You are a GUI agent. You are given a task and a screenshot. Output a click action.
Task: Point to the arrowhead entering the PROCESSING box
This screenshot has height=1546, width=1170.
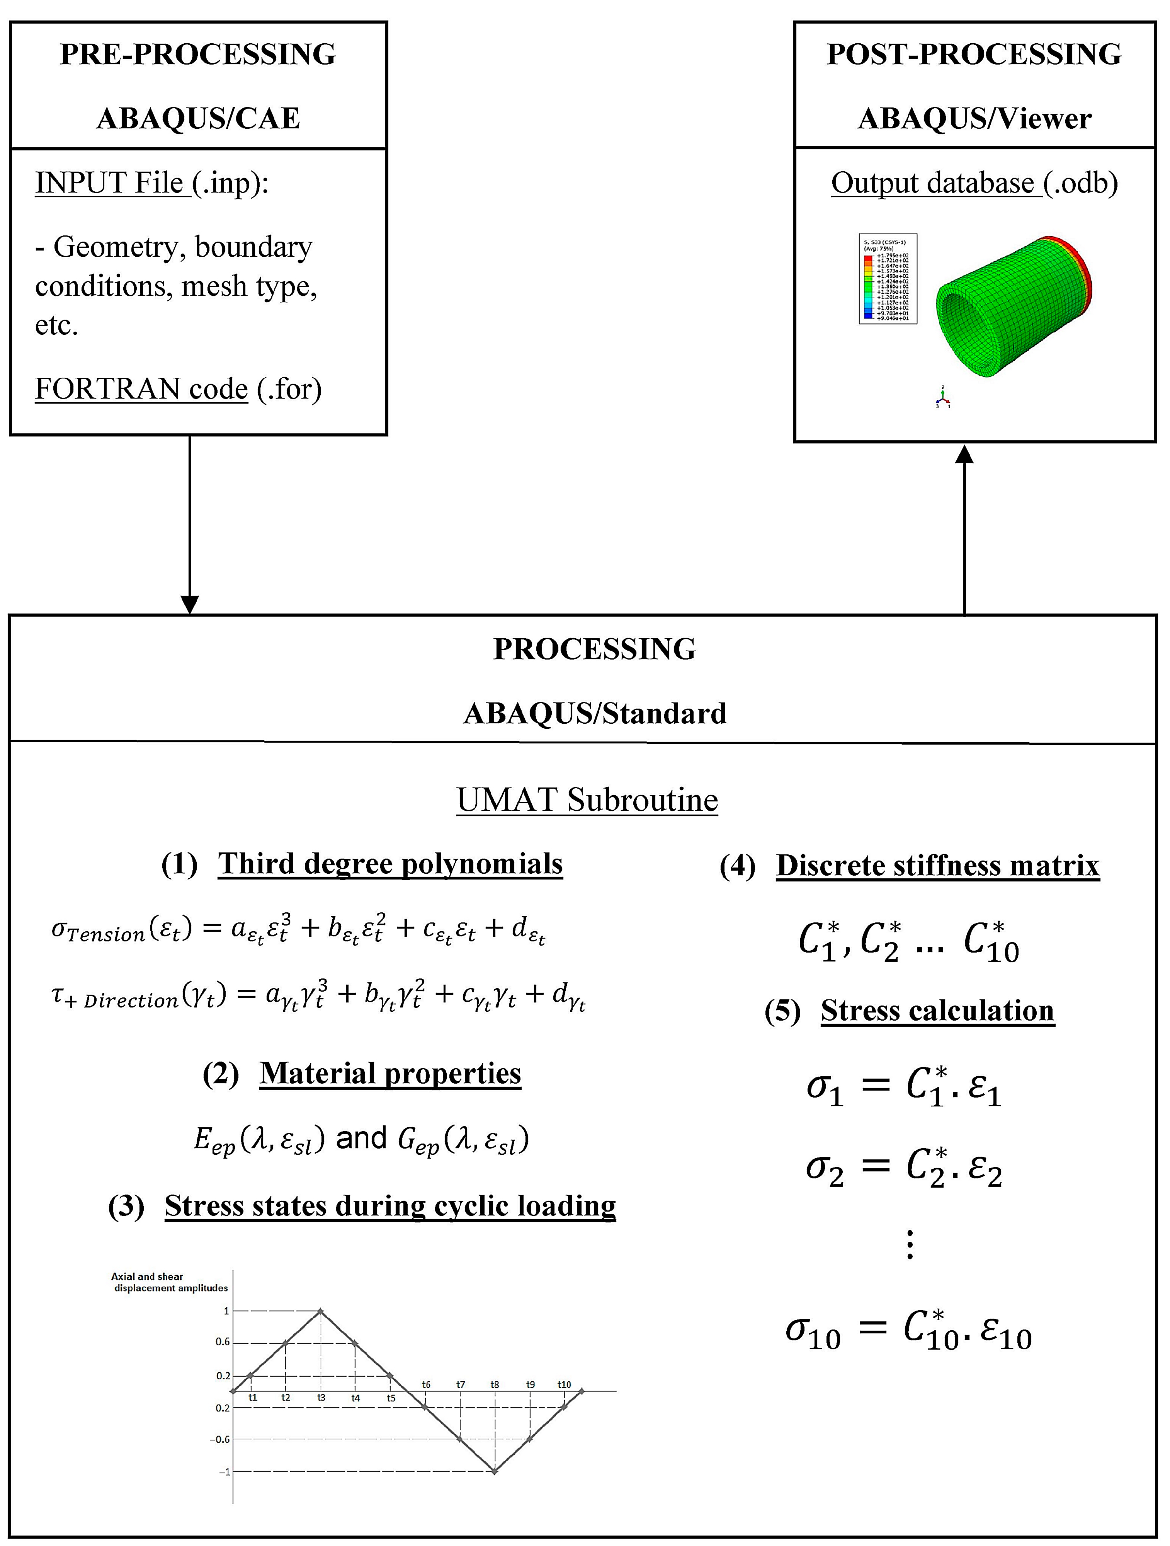tap(189, 604)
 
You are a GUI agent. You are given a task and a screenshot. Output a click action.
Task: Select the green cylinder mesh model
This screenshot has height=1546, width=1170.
tap(1013, 307)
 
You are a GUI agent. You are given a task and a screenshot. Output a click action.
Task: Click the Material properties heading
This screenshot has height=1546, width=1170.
tap(390, 1073)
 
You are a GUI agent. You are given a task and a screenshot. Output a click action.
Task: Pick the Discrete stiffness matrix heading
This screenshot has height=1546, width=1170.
tap(937, 865)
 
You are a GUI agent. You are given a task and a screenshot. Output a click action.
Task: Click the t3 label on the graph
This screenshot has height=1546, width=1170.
tap(321, 1397)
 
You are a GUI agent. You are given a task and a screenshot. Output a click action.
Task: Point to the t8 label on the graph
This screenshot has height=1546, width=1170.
tap(495, 1384)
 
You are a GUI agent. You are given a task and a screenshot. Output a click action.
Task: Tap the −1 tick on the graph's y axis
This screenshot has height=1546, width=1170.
tap(224, 1472)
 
